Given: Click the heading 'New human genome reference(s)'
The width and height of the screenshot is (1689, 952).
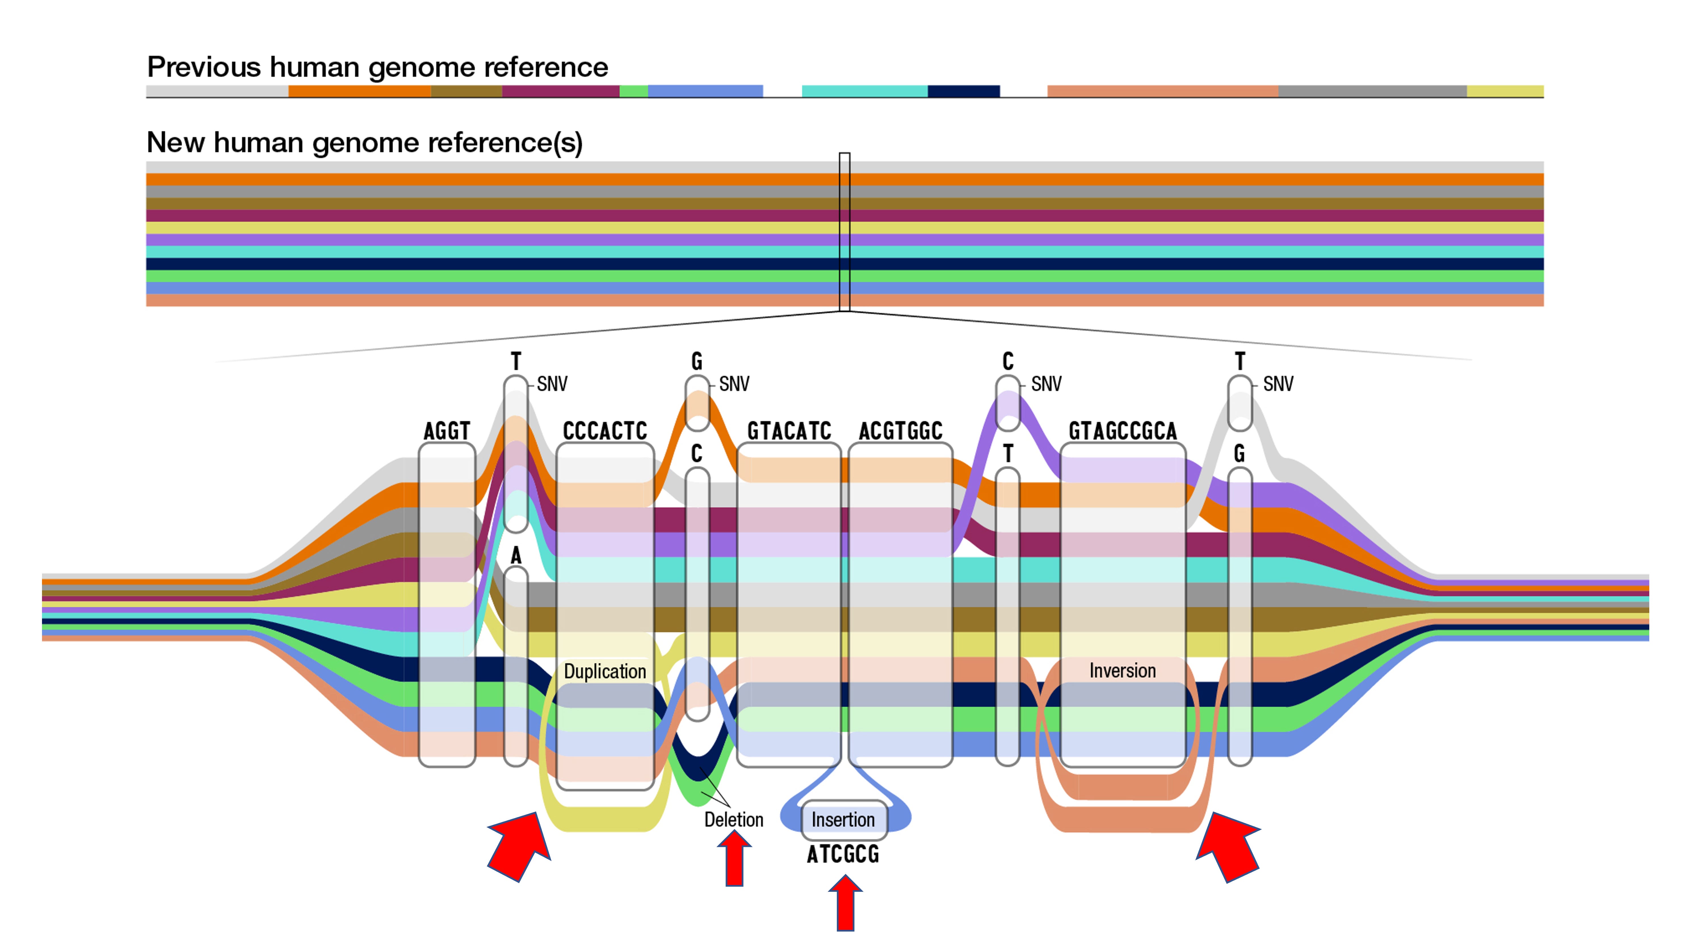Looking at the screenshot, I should (x=365, y=142).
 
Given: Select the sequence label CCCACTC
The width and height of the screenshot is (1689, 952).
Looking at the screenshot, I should (x=604, y=431).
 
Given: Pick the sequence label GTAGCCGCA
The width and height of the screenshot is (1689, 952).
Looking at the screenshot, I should (x=1123, y=431).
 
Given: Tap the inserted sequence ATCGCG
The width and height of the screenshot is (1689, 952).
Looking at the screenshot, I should (x=843, y=854).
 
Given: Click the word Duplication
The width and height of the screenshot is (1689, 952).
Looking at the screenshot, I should (x=604, y=671).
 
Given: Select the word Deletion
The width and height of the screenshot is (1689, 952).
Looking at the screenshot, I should (x=734, y=819).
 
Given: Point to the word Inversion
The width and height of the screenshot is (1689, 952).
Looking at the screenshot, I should (x=1123, y=671).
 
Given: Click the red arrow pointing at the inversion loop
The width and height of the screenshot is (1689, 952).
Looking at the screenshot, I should (x=1227, y=846).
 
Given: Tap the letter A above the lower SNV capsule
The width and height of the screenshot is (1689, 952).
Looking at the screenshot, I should (x=516, y=556).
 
